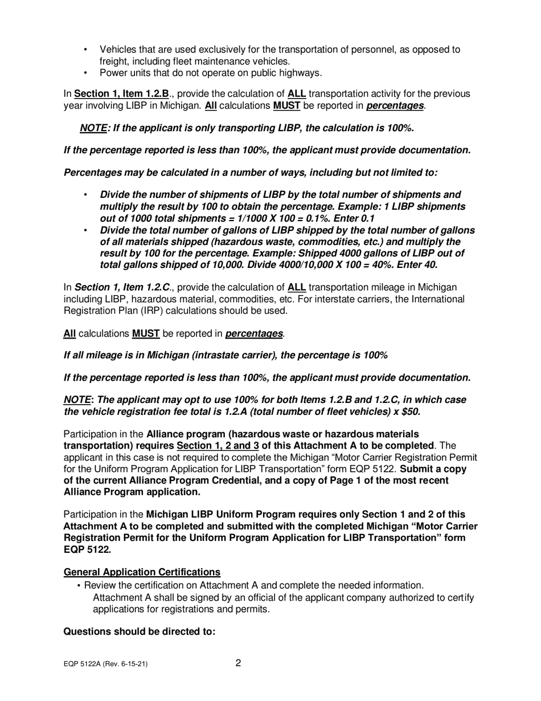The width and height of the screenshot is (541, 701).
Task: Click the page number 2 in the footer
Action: pyautogui.click(x=238, y=663)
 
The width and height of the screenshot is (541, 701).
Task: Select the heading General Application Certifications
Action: pyautogui.click(x=142, y=572)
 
